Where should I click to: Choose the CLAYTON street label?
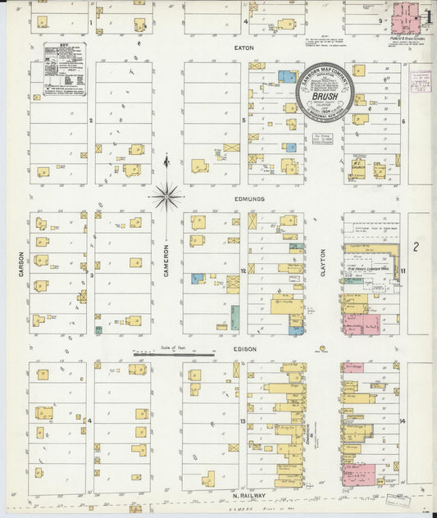pyautogui.click(x=323, y=262)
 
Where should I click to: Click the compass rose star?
pyautogui.click(x=166, y=196)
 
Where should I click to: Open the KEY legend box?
pyautogui.click(x=64, y=69)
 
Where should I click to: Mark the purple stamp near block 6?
pyautogui.click(x=421, y=80)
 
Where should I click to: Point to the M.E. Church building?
pyautogui.click(x=359, y=168)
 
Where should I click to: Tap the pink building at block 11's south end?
pyautogui.click(x=361, y=323)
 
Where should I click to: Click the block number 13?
pyautogui.click(x=244, y=422)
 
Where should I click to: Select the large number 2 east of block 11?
pyautogui.click(x=417, y=246)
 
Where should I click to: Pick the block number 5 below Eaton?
pyautogui.click(x=244, y=121)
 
